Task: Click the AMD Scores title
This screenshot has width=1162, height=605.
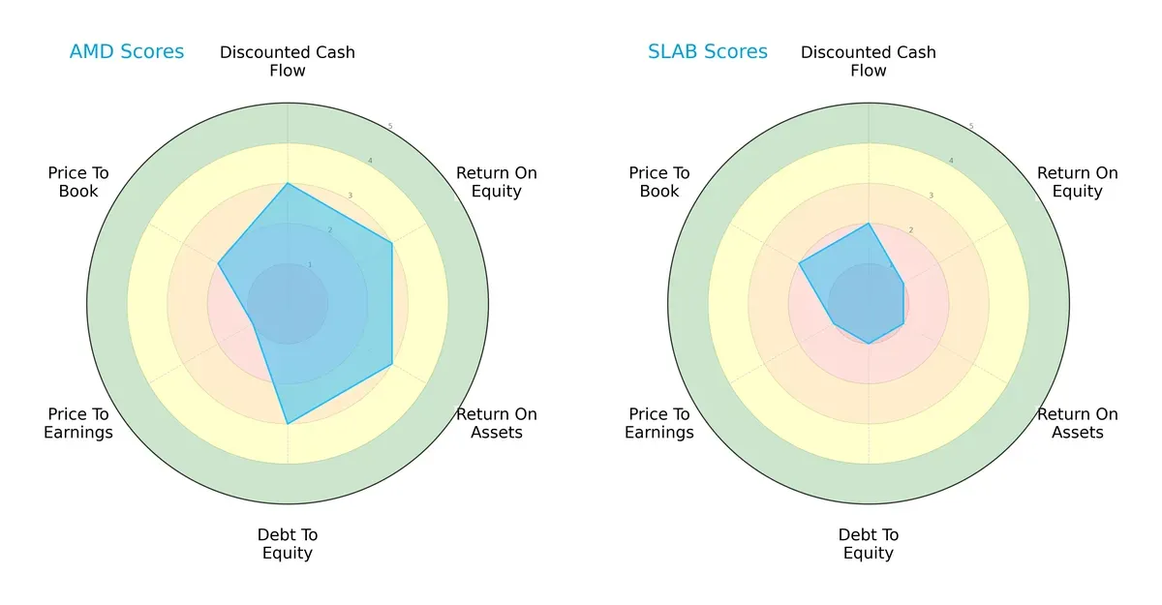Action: [x=127, y=52]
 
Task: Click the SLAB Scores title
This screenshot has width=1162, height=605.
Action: [x=708, y=52]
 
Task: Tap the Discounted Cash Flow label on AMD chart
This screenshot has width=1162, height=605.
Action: [x=288, y=61]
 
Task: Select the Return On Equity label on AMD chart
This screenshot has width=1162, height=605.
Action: [x=497, y=182]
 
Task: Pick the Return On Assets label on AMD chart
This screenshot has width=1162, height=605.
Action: [x=497, y=423]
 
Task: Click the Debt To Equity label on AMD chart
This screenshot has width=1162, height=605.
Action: [x=288, y=544]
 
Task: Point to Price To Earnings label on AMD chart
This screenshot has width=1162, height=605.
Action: [x=78, y=423]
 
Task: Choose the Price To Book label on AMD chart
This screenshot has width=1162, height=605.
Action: [x=78, y=182]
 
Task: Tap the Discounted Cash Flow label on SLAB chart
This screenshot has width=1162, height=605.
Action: [x=869, y=61]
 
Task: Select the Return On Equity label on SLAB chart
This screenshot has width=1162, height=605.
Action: [x=1078, y=182]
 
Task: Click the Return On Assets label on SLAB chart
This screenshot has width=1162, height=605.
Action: [x=1078, y=423]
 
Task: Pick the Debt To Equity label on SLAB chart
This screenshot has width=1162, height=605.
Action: [x=869, y=544]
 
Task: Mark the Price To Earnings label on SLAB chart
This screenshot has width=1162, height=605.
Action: [x=659, y=423]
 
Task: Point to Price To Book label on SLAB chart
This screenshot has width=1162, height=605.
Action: [x=659, y=182]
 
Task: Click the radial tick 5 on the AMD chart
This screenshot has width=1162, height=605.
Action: [x=390, y=127]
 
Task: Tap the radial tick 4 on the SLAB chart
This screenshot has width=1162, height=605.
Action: [x=951, y=161]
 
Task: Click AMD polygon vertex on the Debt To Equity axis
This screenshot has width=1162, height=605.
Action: [x=288, y=423]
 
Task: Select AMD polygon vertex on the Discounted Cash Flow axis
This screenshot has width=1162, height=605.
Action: [x=288, y=183]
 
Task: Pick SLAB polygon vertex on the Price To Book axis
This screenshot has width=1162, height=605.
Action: [x=800, y=263]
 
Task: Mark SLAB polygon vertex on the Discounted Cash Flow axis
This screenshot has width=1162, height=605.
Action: [x=869, y=224]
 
